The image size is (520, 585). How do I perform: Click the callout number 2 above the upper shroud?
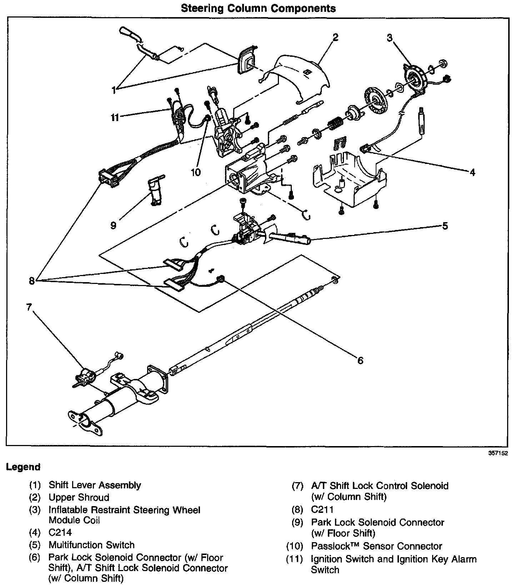point(335,37)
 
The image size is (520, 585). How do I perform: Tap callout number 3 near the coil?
point(390,37)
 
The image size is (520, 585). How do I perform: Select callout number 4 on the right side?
point(472,172)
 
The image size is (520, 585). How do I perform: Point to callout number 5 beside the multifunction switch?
point(445,226)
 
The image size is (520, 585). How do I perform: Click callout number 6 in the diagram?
point(360,360)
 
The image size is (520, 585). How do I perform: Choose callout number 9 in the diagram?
point(113,226)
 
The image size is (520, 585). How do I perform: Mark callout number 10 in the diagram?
point(196,172)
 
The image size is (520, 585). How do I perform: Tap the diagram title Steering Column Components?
point(258,8)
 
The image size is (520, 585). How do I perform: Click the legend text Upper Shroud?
point(79,497)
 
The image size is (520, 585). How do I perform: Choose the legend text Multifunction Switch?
point(91,545)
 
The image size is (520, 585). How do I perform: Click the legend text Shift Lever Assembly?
point(95,485)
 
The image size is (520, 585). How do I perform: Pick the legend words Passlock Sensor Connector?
point(376,546)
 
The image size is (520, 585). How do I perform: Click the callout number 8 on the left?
point(32,281)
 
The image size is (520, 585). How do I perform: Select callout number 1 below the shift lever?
point(114,90)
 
